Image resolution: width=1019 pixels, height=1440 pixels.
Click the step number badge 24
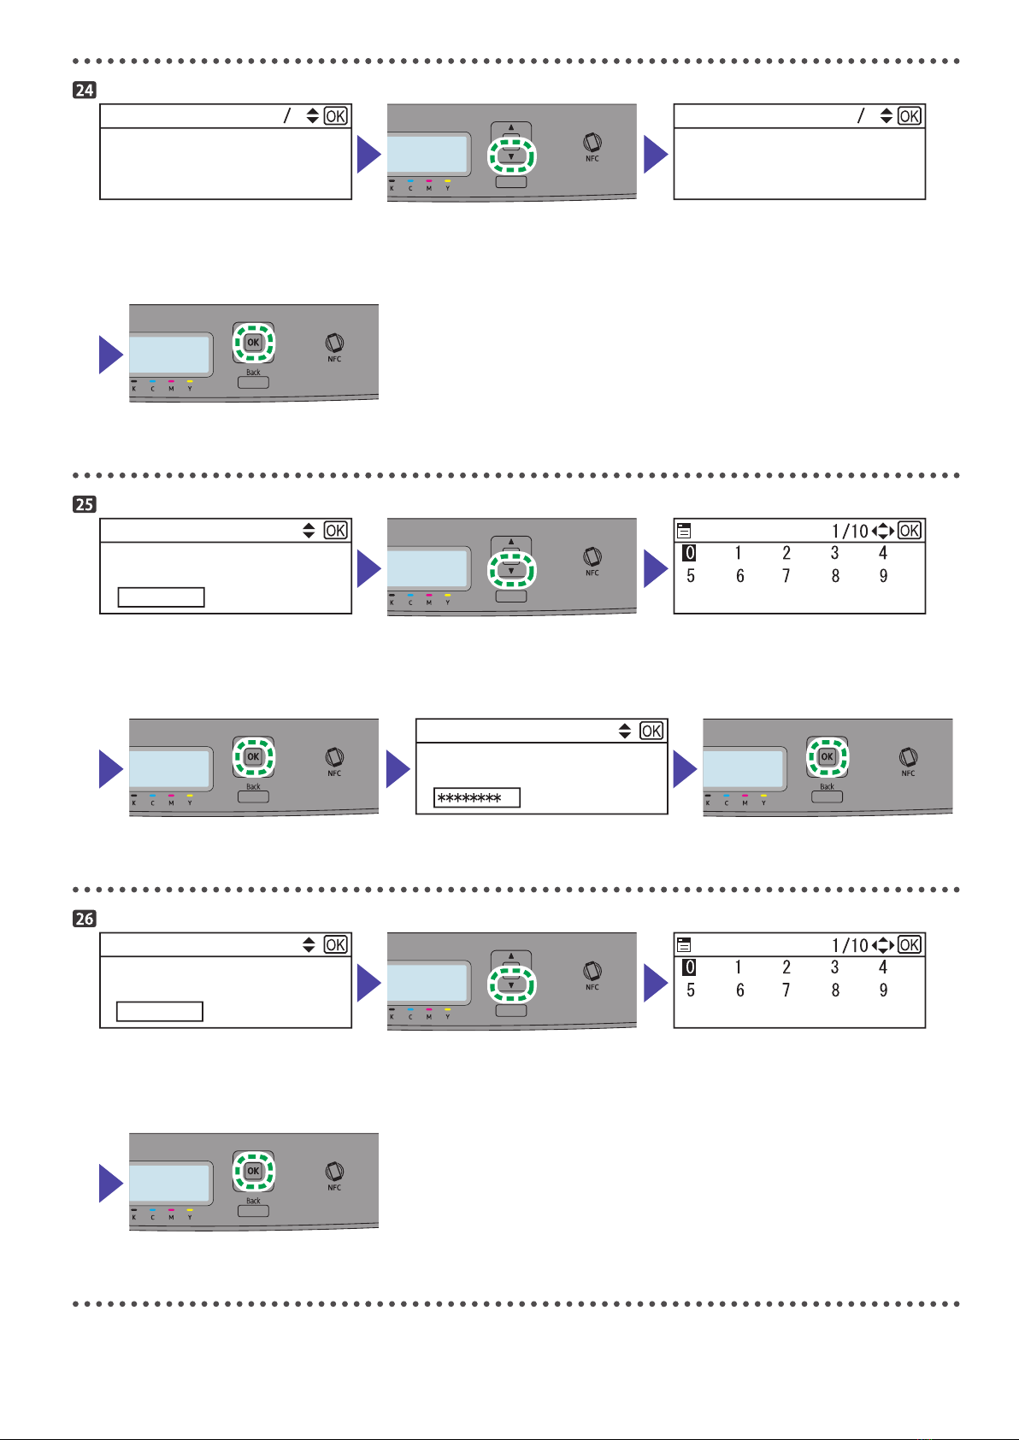[x=84, y=90]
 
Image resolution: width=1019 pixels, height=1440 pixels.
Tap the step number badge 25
[x=84, y=504]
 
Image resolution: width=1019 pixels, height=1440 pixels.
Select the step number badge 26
[x=84, y=919]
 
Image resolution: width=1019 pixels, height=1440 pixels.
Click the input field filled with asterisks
[x=476, y=798]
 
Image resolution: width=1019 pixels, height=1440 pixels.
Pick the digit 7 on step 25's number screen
[x=786, y=576]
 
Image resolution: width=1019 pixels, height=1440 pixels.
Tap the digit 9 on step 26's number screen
[x=883, y=990]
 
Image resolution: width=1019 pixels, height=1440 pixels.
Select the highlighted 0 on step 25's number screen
[x=689, y=553]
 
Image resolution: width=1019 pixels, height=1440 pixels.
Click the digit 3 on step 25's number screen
[x=834, y=553]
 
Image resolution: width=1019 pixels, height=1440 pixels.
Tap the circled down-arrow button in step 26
[x=511, y=985]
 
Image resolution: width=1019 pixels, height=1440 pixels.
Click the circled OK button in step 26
[x=253, y=1171]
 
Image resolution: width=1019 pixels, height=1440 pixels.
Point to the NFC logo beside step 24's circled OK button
[x=334, y=344]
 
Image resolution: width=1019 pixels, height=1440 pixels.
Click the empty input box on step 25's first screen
[x=161, y=597]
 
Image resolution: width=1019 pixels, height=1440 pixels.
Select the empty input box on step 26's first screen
[x=160, y=1011]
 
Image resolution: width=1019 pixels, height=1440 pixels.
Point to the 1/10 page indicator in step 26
[x=849, y=945]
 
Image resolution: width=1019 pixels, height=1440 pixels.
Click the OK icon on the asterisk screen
[x=651, y=731]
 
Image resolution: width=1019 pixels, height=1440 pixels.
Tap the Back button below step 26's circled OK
[x=253, y=1211]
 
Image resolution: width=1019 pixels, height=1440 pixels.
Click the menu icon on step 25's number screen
[x=684, y=531]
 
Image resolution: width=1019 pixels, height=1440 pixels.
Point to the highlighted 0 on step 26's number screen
[x=689, y=967]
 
